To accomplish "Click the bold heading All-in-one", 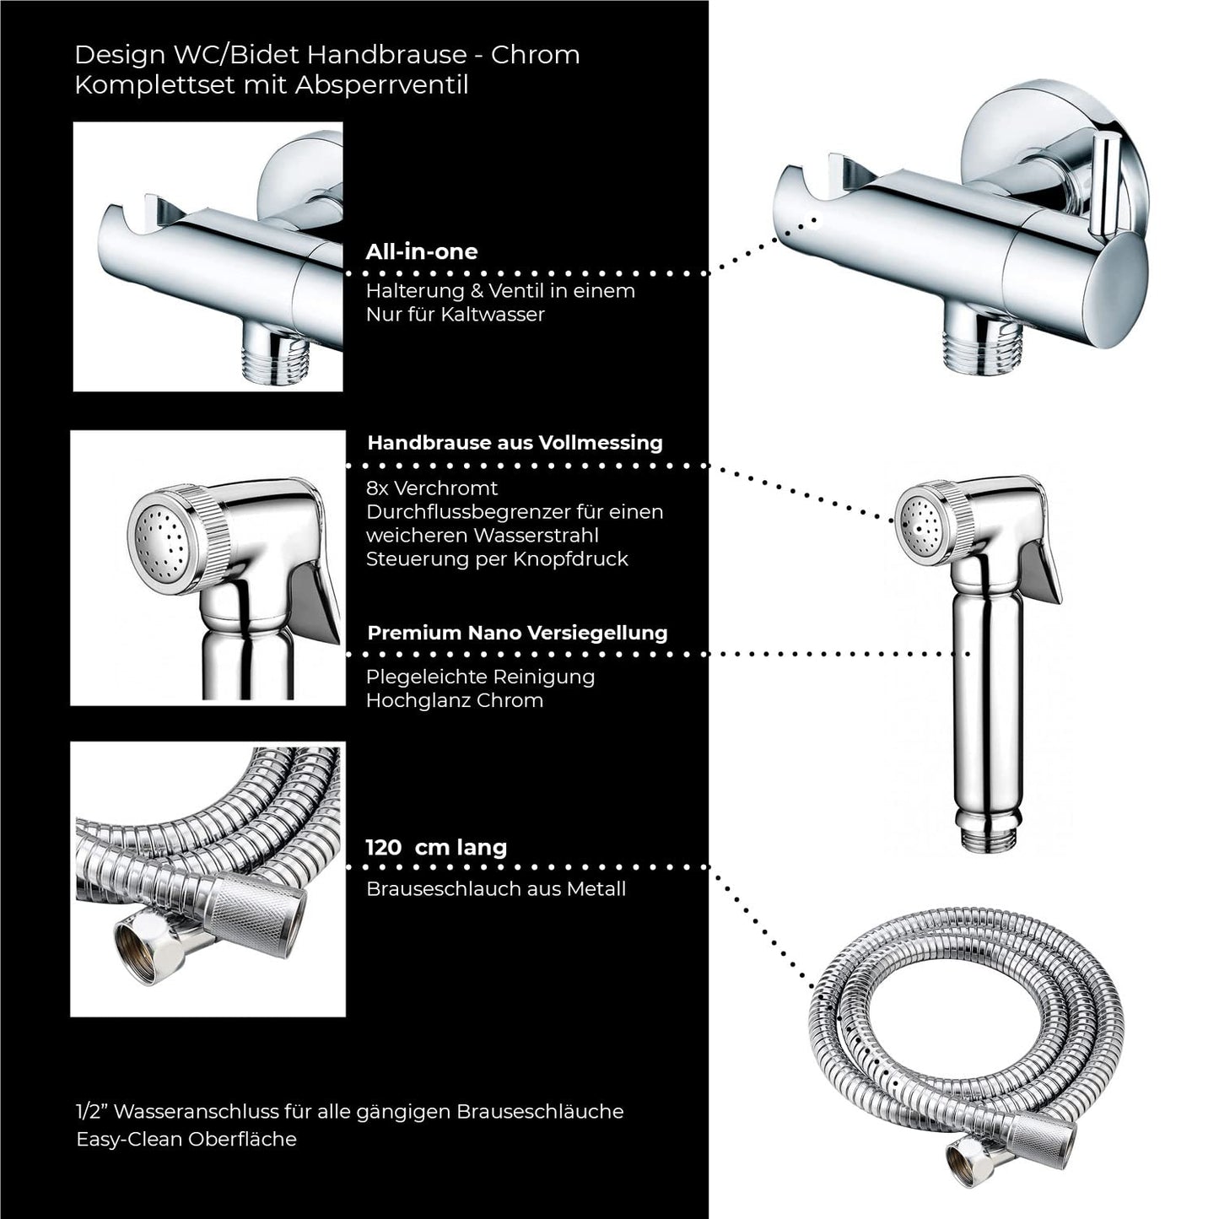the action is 421,251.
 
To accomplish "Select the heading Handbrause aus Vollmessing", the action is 515,443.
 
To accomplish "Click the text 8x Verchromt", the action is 431,488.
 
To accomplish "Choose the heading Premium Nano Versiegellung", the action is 517,633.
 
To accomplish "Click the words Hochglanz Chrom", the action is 454,701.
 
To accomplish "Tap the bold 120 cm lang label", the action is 436,847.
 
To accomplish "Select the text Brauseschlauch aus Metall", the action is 496,889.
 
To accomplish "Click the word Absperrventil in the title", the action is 381,84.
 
